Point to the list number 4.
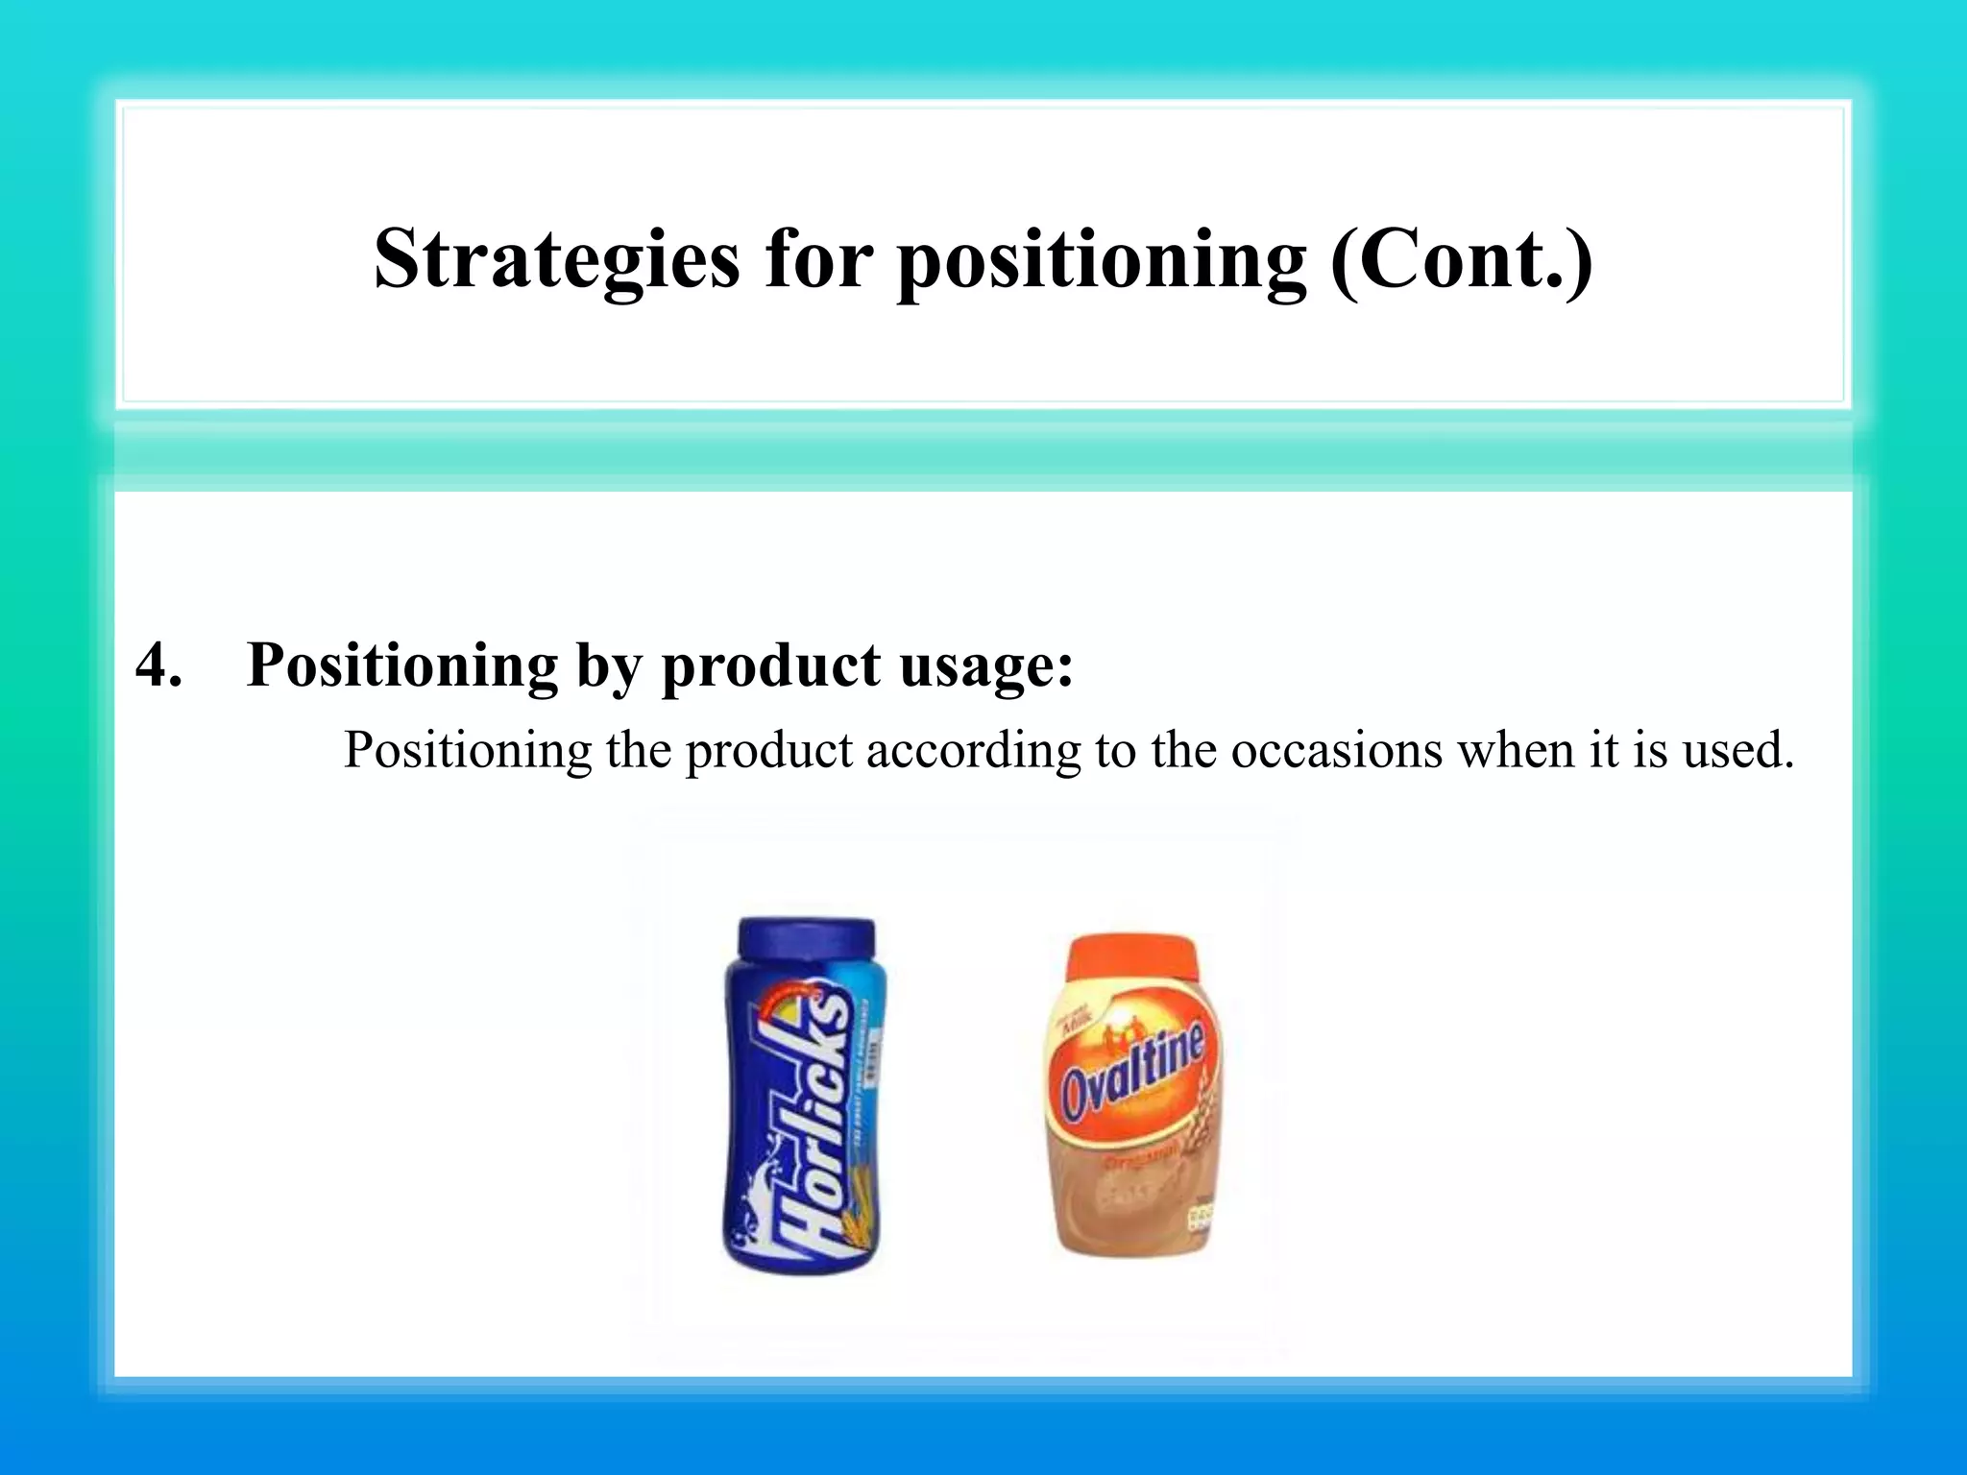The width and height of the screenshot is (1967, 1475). tap(158, 665)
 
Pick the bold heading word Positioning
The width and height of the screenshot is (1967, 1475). tap(401, 665)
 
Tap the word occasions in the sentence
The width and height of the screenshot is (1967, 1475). tap(1336, 750)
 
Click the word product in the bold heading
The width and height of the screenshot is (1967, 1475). tap(770, 665)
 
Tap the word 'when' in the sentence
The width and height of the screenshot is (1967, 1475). tap(1515, 750)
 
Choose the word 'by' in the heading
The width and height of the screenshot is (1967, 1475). tap(609, 665)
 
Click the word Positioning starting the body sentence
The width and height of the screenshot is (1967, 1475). tap(468, 750)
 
